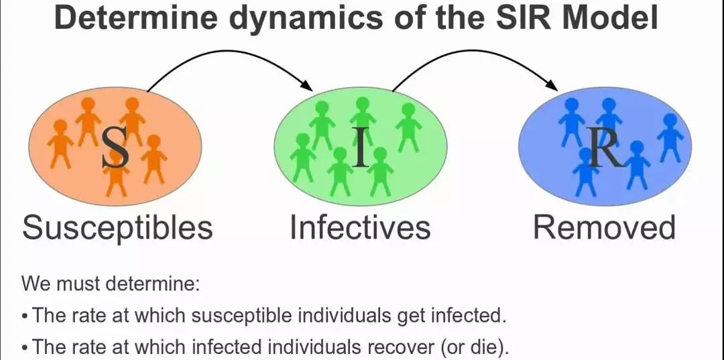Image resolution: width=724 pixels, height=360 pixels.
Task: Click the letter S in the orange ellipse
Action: click(115, 149)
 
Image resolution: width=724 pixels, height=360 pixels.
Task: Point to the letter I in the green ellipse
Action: click(360, 149)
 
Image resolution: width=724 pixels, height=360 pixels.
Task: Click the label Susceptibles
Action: click(117, 228)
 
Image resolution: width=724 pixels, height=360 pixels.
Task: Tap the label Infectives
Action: click(360, 228)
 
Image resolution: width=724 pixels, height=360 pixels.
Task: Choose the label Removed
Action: click(604, 228)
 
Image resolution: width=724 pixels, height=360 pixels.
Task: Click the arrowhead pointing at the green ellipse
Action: click(306, 86)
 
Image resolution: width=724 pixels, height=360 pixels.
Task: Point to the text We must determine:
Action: click(111, 283)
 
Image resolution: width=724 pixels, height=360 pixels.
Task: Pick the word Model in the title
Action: click(611, 18)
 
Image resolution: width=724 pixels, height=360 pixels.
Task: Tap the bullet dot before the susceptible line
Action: click(25, 315)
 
